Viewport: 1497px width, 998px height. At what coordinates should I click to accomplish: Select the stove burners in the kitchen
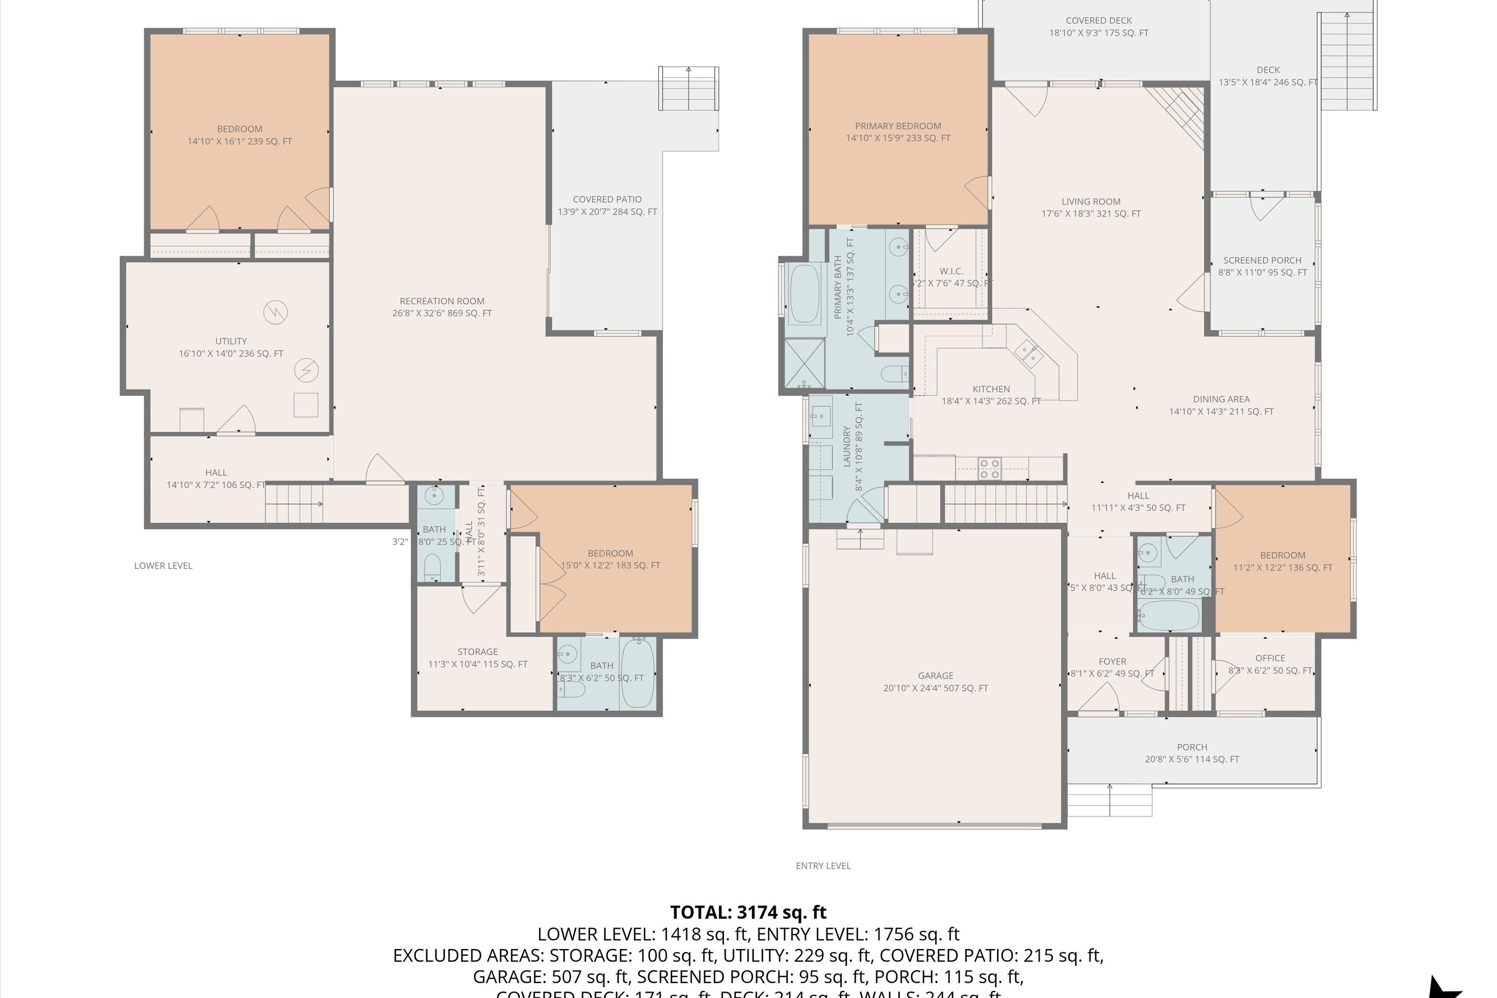(989, 469)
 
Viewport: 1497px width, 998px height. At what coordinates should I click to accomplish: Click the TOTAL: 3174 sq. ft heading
(748, 912)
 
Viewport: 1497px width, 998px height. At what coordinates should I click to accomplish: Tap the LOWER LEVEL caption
(163, 566)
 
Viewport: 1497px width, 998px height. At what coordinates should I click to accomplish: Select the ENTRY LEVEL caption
(823, 866)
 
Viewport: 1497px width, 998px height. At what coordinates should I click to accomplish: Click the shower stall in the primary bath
(804, 363)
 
